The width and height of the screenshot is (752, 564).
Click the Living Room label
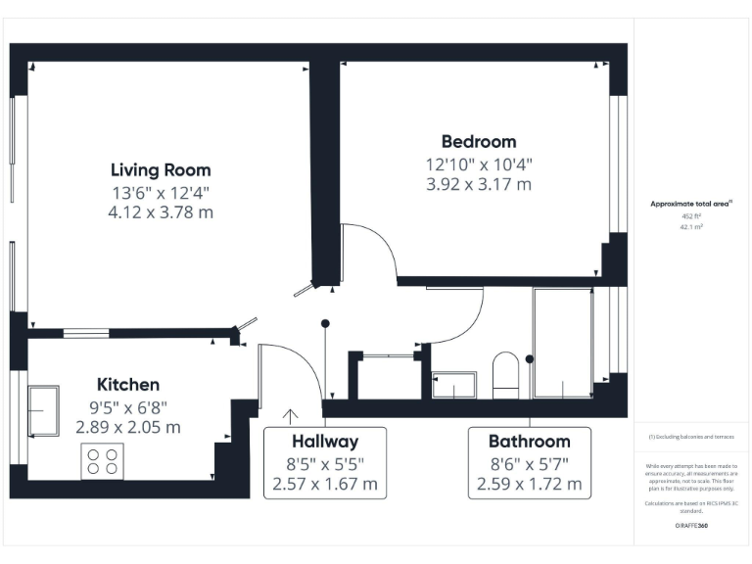coord(161,170)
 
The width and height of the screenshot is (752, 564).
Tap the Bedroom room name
coord(478,142)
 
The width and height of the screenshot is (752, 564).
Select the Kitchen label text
coord(127,385)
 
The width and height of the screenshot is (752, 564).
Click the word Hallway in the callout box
coord(325,441)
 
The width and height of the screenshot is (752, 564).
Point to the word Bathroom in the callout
coord(529,441)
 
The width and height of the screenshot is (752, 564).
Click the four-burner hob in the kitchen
coord(102,460)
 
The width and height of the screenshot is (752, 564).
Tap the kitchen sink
coord(44,410)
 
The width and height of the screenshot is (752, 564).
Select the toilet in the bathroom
coord(505,376)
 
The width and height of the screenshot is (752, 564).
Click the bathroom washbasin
coord(453,385)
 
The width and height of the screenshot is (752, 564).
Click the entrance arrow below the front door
coord(290,415)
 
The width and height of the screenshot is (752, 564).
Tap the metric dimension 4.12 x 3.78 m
coord(161,212)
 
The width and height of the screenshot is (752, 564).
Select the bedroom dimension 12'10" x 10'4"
coord(478,164)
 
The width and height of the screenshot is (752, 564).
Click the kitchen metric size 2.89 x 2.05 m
coord(127,427)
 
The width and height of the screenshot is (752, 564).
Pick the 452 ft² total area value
coord(692,215)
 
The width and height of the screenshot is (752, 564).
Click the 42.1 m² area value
coord(692,226)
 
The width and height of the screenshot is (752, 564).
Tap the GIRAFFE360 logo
coord(692,526)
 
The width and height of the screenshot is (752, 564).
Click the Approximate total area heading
coord(692,204)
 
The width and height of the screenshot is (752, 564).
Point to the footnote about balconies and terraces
coord(692,437)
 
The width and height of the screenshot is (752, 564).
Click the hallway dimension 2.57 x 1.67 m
coord(325,484)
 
